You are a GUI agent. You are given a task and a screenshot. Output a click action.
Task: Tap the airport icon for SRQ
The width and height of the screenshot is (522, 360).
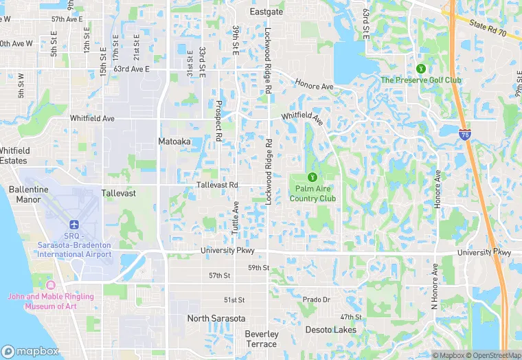pyautogui.click(x=73, y=225)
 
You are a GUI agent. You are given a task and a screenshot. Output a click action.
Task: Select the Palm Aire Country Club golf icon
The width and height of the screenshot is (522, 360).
pyautogui.click(x=313, y=177)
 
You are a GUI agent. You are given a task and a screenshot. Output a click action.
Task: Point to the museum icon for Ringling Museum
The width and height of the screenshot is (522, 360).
pyautogui.click(x=49, y=284)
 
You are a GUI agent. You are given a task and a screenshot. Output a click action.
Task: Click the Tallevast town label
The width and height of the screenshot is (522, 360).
pyautogui.click(x=119, y=193)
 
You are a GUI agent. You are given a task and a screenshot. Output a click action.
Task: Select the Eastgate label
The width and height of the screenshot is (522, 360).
pyautogui.click(x=266, y=12)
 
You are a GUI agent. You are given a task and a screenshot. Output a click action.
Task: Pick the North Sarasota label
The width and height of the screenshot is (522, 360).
pyautogui.click(x=216, y=319)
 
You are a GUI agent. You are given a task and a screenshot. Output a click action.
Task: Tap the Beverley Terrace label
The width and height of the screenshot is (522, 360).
pyautogui.click(x=262, y=339)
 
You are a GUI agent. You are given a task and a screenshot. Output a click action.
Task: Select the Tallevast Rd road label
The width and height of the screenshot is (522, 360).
pyautogui.click(x=217, y=185)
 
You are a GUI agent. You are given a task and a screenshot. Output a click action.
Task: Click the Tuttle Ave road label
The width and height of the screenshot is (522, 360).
pyautogui.click(x=235, y=218)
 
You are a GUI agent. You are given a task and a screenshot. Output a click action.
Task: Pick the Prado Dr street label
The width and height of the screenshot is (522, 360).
pyautogui.click(x=317, y=300)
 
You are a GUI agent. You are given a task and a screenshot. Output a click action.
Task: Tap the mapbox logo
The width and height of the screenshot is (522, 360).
pyautogui.click(x=30, y=351)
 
